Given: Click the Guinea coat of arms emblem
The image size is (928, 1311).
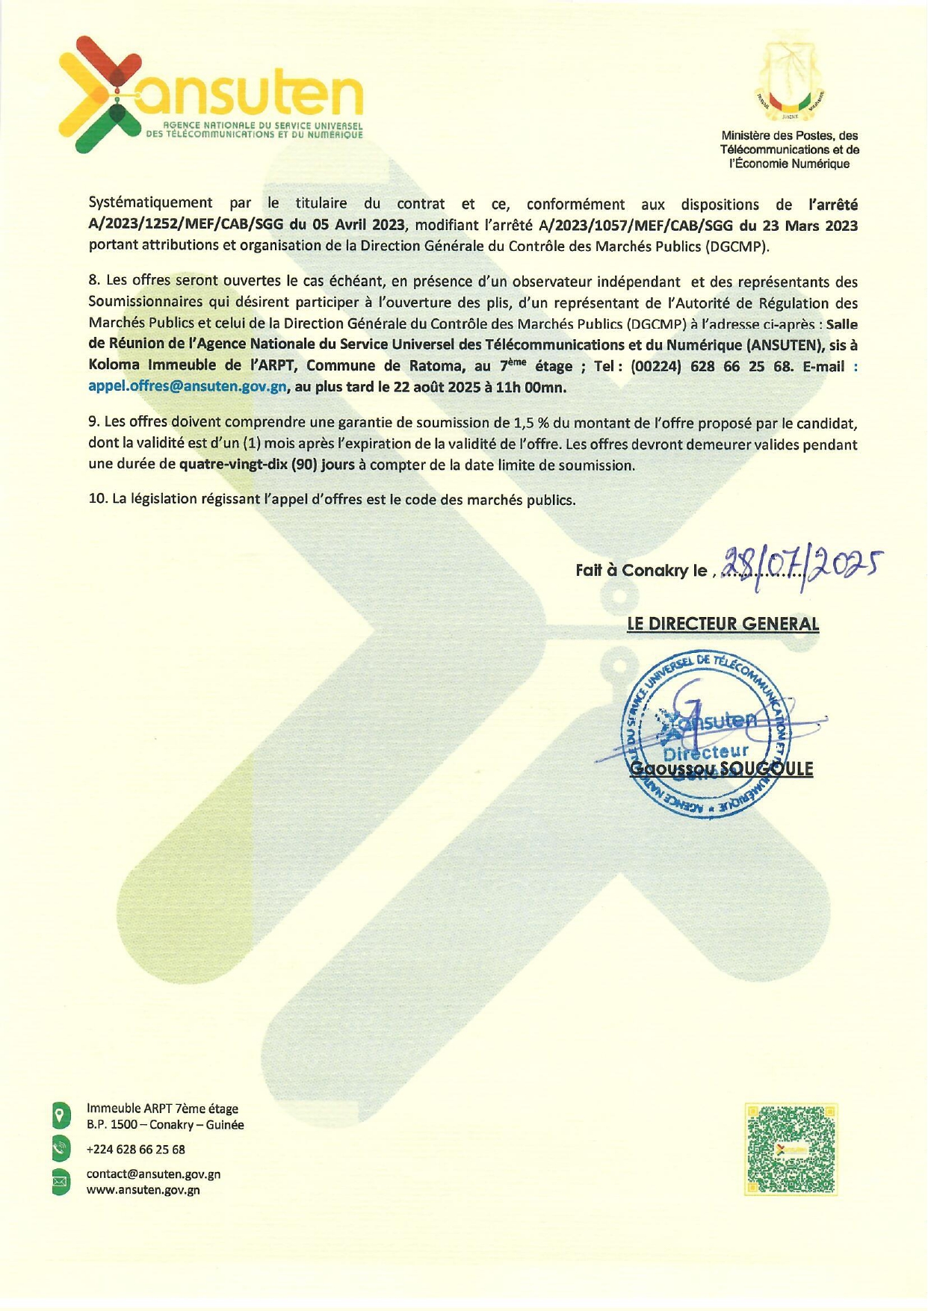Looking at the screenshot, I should (790, 82).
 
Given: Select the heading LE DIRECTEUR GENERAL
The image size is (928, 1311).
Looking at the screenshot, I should (723, 624).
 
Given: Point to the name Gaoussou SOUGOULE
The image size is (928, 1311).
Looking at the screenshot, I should (721, 769).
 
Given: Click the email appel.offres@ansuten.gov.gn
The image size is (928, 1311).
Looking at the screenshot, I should (188, 387).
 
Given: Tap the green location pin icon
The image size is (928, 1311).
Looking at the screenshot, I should (61, 1115).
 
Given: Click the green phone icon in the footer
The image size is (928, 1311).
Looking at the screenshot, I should (61, 1149).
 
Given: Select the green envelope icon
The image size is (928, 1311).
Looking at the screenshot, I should (61, 1182).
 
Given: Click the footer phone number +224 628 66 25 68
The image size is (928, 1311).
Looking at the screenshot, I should (136, 1150).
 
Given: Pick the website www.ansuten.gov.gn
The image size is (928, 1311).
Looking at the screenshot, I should (143, 1190).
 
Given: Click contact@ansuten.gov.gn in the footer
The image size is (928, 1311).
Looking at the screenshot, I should (153, 1174).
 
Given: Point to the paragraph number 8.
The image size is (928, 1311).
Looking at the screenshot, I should (94, 281).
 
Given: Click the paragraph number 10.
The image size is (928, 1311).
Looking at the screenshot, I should (98, 499).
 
